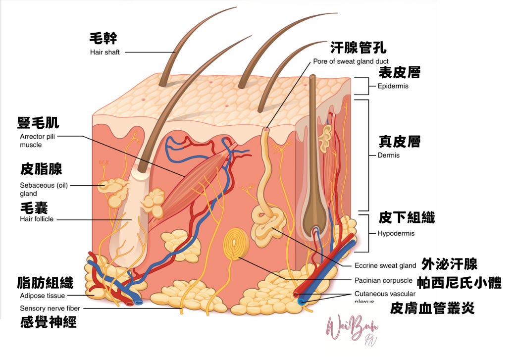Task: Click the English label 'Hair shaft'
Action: click(x=104, y=52)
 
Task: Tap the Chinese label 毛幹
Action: click(x=103, y=38)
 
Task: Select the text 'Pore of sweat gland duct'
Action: click(x=351, y=61)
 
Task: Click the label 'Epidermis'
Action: click(x=393, y=86)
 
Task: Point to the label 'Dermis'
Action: click(x=388, y=155)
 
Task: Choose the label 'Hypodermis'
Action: click(x=396, y=233)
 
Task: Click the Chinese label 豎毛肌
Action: click(x=38, y=123)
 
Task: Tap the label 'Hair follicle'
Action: click(x=37, y=219)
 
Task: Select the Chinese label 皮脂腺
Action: click(x=41, y=169)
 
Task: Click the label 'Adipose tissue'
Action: click(x=42, y=296)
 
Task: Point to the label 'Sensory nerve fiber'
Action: click(x=50, y=308)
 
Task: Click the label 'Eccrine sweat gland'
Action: click(x=385, y=266)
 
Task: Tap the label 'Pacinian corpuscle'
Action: click(x=383, y=280)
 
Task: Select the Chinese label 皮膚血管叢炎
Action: click(x=432, y=308)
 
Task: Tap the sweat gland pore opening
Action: click(x=267, y=129)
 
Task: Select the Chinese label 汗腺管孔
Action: click(x=359, y=48)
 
